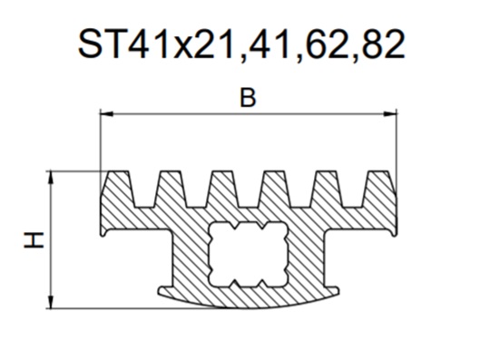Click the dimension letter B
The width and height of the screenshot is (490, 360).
pos(248,98)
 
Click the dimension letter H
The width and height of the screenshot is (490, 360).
pos(34,240)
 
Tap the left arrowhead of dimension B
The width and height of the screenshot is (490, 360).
pos(106,114)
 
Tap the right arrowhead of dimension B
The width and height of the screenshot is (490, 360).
pos(390,114)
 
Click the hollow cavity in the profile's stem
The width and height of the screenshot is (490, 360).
pos(248,254)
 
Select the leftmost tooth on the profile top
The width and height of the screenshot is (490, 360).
pos(117,189)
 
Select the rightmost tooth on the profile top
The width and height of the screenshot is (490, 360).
pos(379,189)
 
